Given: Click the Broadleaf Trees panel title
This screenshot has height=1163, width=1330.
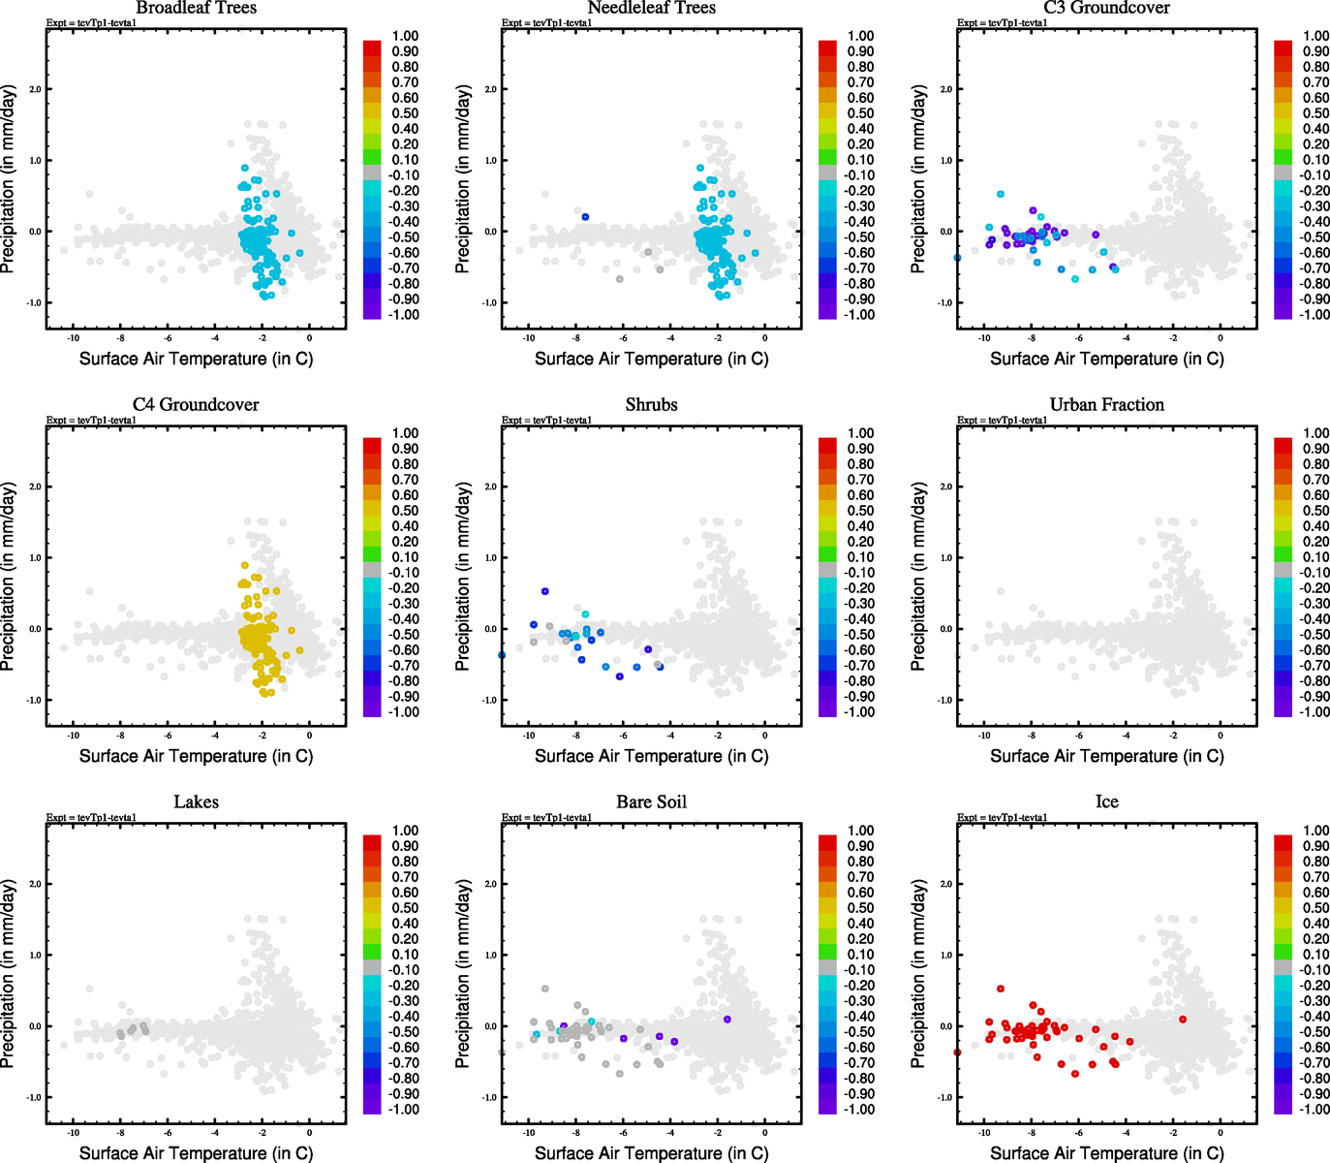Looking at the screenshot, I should (x=196, y=8).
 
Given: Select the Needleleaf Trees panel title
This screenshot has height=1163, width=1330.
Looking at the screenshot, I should (x=651, y=8).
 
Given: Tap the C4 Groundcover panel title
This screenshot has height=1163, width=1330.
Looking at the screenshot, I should (x=196, y=405).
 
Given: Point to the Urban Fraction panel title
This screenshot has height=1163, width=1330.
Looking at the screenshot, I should (x=1106, y=405).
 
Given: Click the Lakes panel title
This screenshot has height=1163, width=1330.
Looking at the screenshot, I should (x=196, y=802).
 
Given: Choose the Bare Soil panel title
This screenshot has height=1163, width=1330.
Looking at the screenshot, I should (x=651, y=802).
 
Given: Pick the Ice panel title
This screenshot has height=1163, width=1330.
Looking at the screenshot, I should (x=1106, y=802).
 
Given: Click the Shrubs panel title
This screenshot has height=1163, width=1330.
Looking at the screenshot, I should (x=651, y=405).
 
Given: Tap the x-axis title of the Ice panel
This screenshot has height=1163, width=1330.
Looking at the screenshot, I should (x=1106, y=1153).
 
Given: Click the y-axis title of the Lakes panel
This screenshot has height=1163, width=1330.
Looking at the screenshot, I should (x=9, y=973).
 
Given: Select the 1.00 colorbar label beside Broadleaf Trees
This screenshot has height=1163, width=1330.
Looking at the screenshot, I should (x=405, y=36).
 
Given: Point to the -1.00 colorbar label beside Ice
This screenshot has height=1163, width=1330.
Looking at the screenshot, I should (x=1314, y=1110).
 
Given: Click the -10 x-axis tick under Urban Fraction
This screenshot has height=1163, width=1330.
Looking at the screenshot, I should (x=983, y=736).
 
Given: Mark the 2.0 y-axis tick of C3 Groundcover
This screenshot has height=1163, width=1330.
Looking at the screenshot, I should (x=944, y=89).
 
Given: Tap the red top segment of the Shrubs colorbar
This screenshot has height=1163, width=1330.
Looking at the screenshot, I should (x=827, y=445).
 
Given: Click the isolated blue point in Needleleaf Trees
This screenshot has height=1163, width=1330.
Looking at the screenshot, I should (x=585, y=217).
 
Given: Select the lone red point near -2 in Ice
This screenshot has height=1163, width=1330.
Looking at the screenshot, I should (x=1182, y=1019).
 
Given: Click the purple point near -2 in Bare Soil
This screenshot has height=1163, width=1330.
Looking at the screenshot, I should (x=727, y=1019).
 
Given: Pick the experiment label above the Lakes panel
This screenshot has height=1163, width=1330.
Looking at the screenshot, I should (x=91, y=818).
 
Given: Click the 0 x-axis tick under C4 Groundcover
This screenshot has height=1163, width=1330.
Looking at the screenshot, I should (x=310, y=736).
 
